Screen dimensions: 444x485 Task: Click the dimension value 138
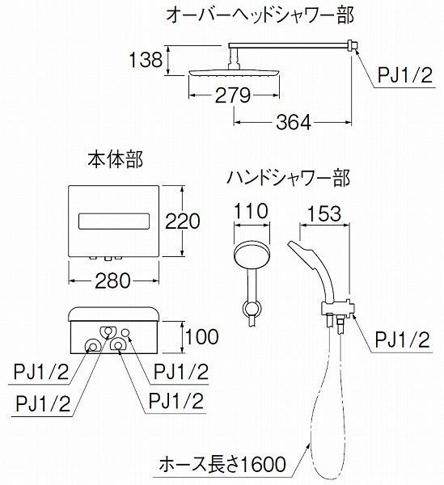pos(146,60)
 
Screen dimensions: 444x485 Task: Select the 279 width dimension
pos(233,95)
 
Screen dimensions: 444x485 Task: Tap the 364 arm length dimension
pos(294,123)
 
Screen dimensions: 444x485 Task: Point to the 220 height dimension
pos(183,221)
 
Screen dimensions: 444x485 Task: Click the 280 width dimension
pos(112,280)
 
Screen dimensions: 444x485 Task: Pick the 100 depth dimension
pos(201,336)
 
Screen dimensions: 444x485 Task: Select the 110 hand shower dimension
pos(250,211)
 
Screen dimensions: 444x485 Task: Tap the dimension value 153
pos(324,213)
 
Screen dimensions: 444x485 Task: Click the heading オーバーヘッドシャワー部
pos(260,15)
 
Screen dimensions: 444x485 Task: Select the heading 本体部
pos(115,161)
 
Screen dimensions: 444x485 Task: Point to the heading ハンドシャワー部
pos(288,178)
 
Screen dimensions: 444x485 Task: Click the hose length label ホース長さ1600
pos(222,465)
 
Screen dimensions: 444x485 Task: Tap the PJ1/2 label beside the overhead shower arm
pos(404,75)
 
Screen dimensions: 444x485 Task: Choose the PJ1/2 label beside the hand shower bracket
pos(402,340)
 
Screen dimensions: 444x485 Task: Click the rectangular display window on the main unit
pos(114,221)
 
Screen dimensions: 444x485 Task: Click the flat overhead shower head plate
pos(235,73)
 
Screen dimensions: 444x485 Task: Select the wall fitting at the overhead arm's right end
pos(351,46)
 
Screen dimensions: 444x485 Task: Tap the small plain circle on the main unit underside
pos(125,332)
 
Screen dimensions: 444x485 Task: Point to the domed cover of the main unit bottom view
pos(114,314)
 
